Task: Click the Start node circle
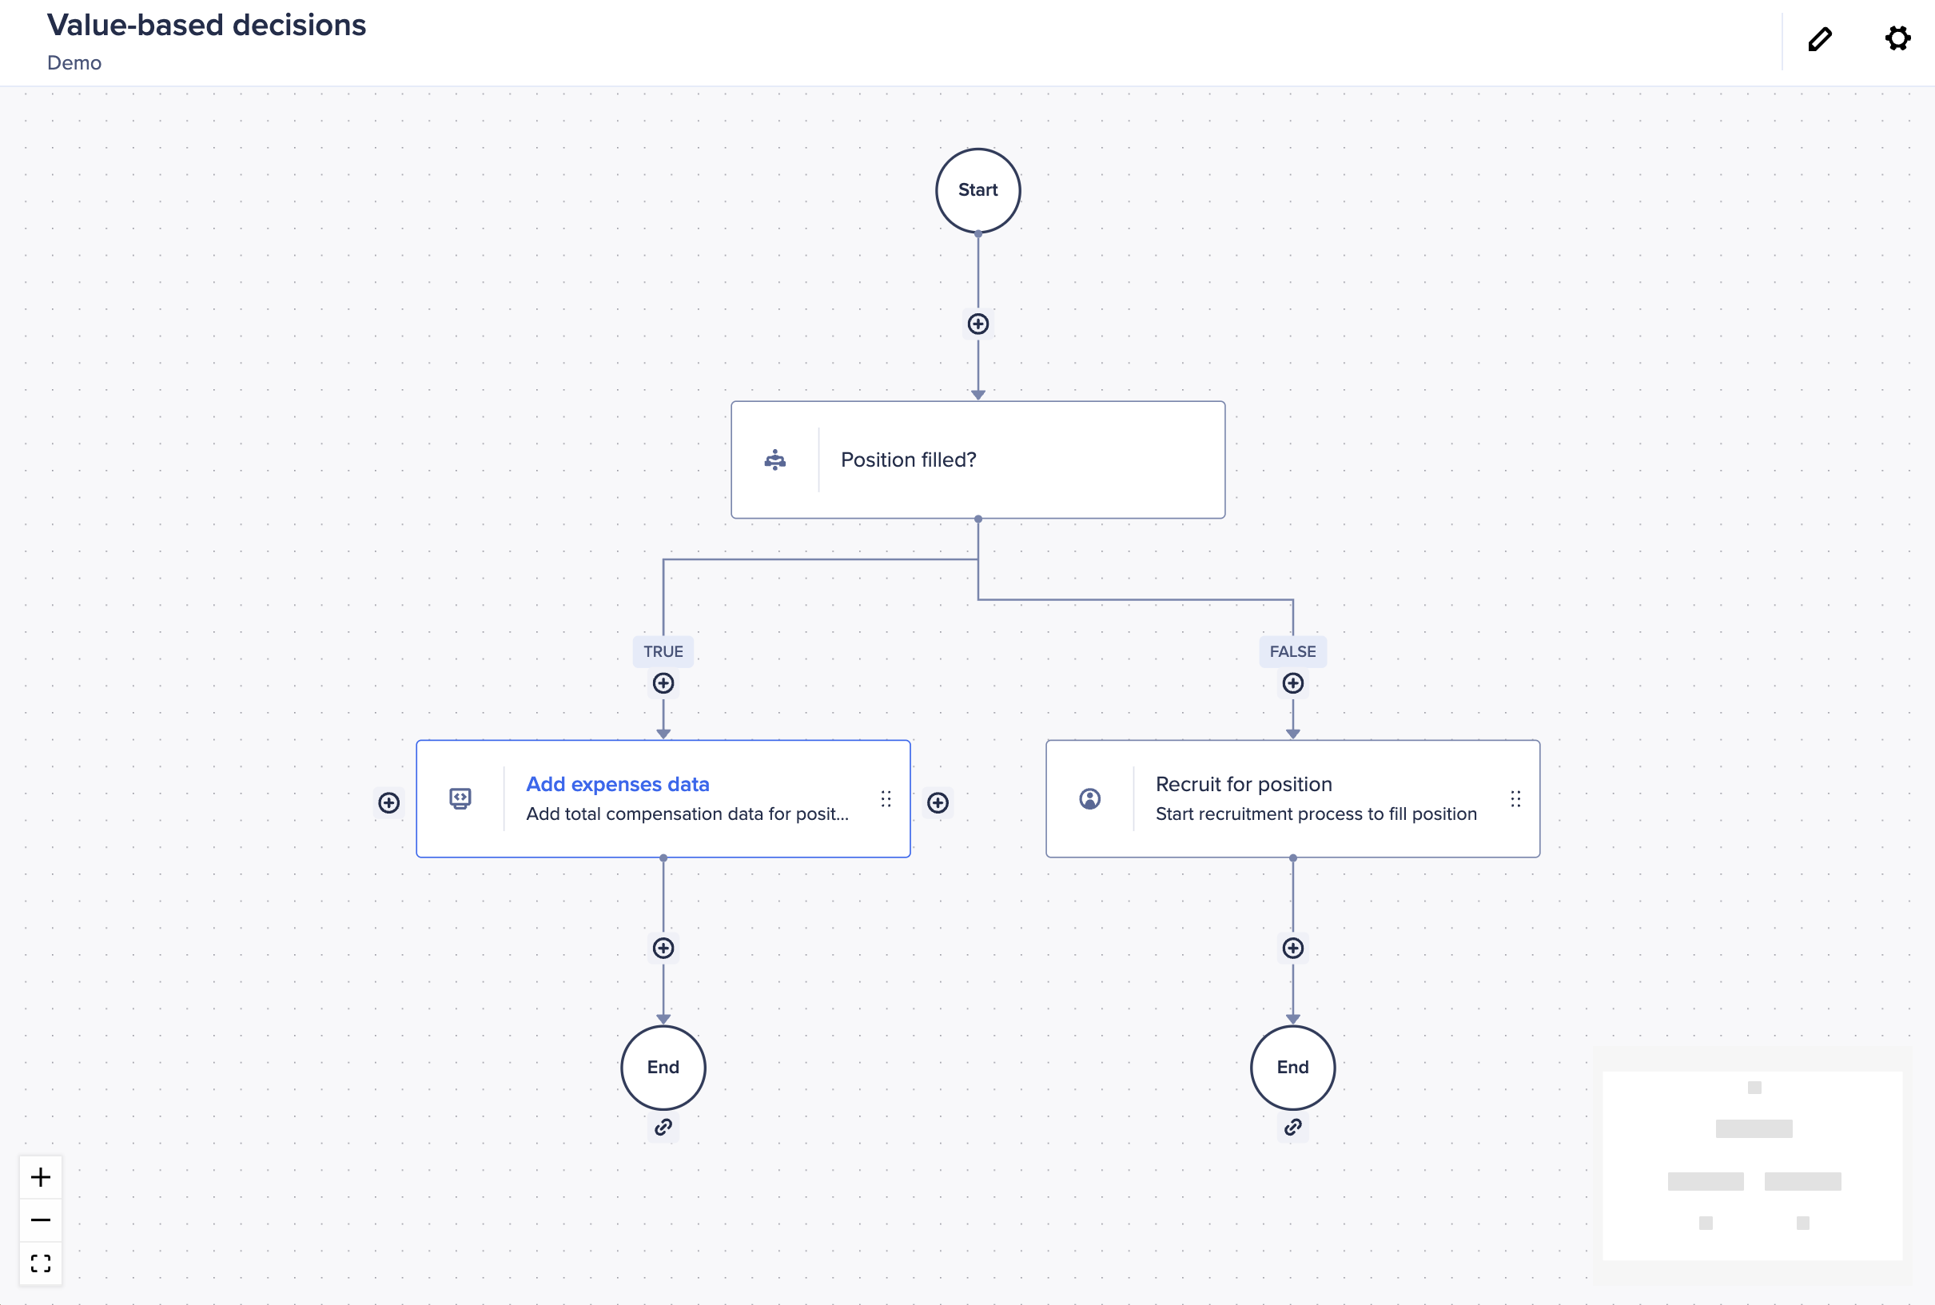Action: click(x=978, y=190)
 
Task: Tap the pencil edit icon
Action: click(x=1819, y=39)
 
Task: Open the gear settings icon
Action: click(x=1897, y=38)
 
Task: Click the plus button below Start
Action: click(x=978, y=324)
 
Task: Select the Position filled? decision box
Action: click(x=978, y=460)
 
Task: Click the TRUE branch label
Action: click(x=663, y=651)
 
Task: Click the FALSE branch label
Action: click(x=1292, y=651)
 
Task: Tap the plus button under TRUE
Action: click(x=663, y=683)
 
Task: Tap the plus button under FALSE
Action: click(x=1292, y=683)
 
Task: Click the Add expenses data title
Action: click(x=618, y=784)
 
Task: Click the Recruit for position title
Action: click(x=1244, y=784)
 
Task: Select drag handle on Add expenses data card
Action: click(x=886, y=799)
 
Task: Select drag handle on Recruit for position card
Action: click(x=1515, y=799)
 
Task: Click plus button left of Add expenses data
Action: click(x=388, y=802)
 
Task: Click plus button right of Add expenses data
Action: click(x=938, y=802)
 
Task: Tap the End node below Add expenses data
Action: click(x=663, y=1067)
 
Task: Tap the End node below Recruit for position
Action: click(x=1292, y=1067)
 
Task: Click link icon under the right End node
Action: click(x=1292, y=1128)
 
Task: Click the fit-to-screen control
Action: click(x=41, y=1263)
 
